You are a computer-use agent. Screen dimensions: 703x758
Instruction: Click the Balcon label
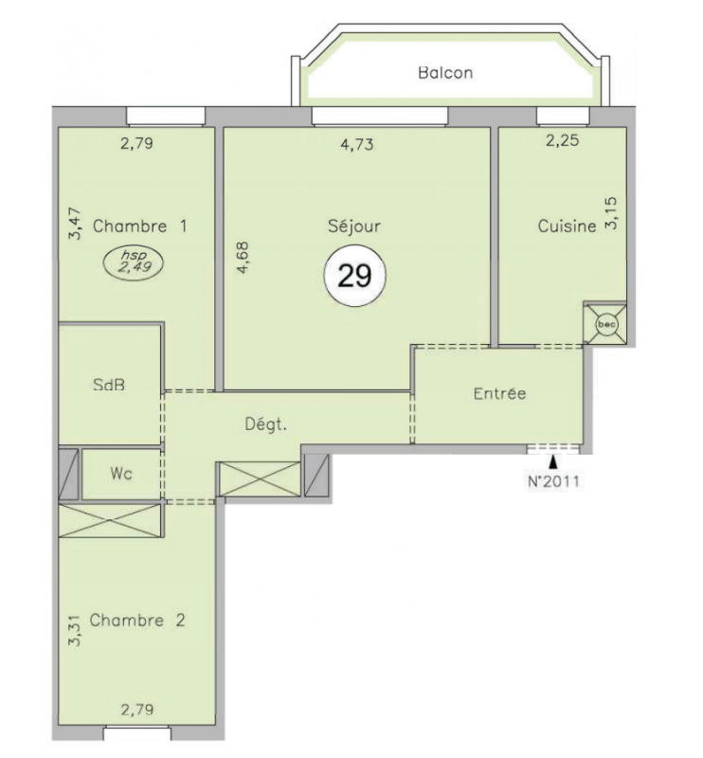tap(445, 73)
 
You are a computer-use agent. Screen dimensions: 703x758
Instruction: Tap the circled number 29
tap(355, 276)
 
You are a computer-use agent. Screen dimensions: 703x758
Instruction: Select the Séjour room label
tap(354, 226)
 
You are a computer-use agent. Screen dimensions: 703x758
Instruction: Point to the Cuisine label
tap(568, 226)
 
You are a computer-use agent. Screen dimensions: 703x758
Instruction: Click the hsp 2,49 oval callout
tap(134, 262)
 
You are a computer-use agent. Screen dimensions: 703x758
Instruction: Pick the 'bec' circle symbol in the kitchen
tap(606, 324)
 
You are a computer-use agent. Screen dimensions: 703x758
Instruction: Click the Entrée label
tap(499, 393)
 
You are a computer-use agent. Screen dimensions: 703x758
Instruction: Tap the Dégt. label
tap(266, 424)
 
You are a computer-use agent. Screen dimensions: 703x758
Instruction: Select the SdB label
tap(109, 385)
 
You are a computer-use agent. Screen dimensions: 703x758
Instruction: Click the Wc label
tap(121, 473)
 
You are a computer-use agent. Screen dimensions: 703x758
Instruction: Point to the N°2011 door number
tap(553, 481)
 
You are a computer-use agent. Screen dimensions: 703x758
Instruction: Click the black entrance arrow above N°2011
tap(553, 461)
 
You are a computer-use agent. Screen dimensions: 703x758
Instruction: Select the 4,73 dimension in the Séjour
tap(357, 145)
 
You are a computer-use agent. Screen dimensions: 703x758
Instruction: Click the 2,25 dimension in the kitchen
tap(562, 140)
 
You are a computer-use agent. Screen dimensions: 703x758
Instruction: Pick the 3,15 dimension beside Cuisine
tap(611, 212)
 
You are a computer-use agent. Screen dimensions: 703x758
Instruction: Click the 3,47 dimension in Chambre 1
tap(75, 224)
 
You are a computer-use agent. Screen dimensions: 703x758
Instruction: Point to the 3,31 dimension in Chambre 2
tap(75, 630)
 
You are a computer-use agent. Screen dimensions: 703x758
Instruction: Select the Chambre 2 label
tap(137, 620)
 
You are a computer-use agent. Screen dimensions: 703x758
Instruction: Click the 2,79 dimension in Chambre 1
tap(136, 143)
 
